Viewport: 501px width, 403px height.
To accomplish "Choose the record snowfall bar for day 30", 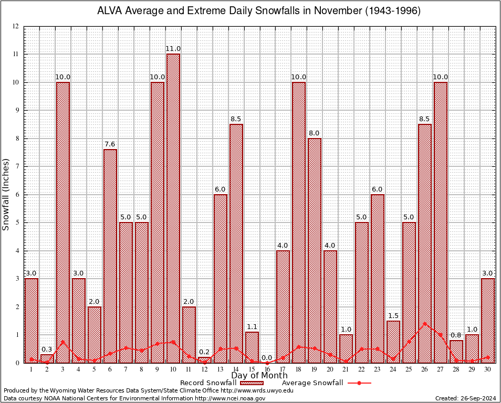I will click(x=487, y=321).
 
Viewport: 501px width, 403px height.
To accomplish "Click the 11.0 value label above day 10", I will click(x=173, y=49).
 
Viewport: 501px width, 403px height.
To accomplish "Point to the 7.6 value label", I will click(x=110, y=144).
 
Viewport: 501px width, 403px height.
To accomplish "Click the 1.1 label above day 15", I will click(x=252, y=327).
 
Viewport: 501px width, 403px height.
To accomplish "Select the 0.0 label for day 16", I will click(x=267, y=357).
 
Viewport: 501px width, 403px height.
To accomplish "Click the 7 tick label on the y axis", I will click(x=17, y=167).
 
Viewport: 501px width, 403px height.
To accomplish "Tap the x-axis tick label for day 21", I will click(x=346, y=369).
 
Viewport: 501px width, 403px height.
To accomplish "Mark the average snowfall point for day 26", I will click(x=424, y=324).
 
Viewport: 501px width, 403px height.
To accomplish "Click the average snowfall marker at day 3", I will click(x=63, y=342).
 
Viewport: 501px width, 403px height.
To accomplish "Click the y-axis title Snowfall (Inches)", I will click(x=6, y=194).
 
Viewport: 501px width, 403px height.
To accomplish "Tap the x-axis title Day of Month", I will click(x=259, y=376).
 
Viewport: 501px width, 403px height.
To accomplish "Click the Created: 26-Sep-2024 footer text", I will click(x=466, y=398).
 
